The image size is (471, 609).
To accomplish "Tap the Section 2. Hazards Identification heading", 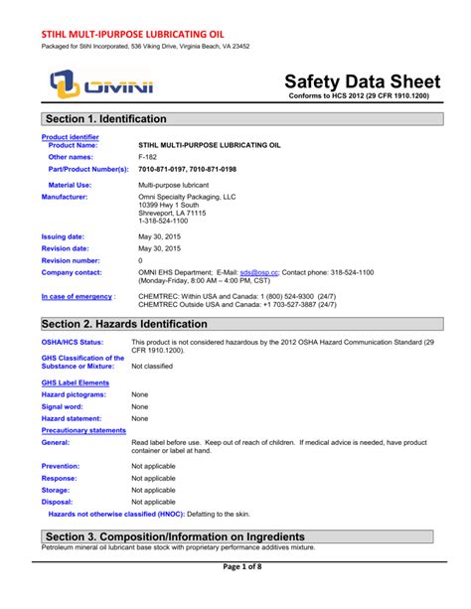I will [124, 324].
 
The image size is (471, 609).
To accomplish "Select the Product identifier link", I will [70, 136].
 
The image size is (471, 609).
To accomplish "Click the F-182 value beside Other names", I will [147, 157].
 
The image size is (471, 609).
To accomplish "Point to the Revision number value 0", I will [140, 259].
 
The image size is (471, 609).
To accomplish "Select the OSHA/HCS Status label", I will [73, 343].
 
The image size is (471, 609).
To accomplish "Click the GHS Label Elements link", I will [75, 381].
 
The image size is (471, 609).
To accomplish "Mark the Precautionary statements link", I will [83, 430].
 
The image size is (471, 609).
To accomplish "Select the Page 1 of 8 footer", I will [235, 593].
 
